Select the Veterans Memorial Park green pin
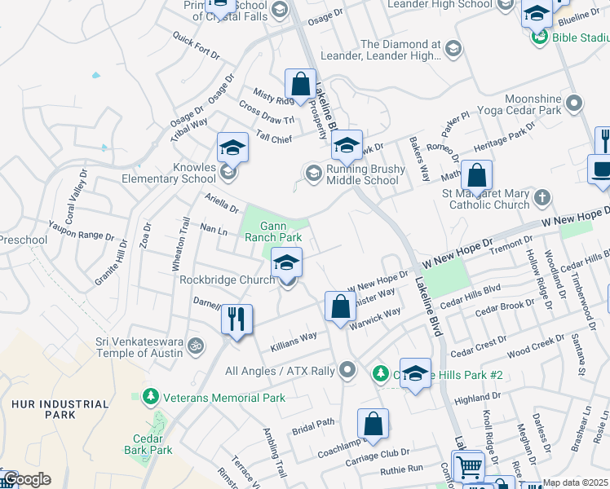149,397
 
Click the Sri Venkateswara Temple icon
195,346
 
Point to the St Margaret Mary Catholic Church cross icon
542,198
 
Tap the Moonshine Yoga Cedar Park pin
575,104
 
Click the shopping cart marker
468,466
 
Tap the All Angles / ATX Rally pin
348,371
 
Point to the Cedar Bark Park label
148,443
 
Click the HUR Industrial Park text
60,409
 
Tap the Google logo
26,479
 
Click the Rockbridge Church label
227,280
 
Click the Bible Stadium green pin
538,37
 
